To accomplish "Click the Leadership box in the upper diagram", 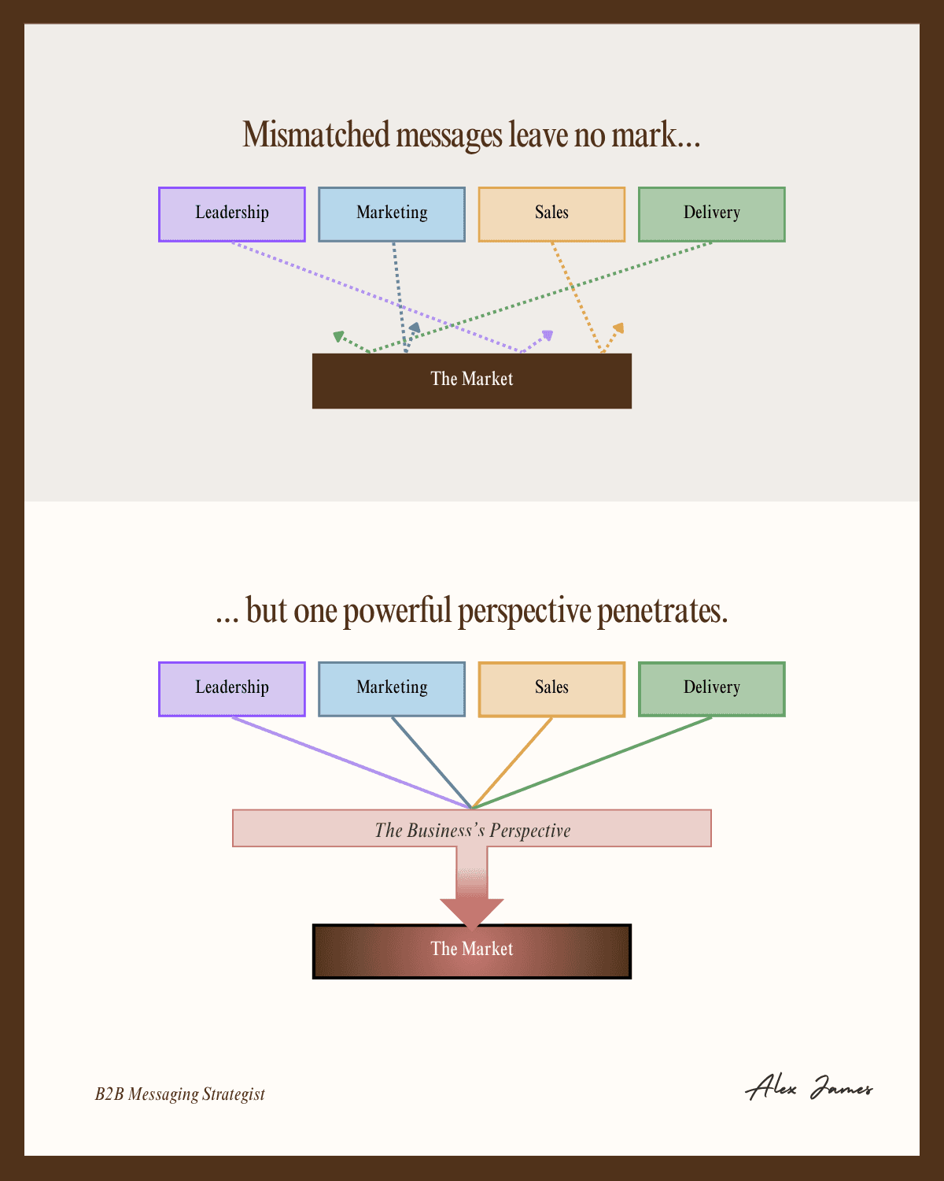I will pos(232,214).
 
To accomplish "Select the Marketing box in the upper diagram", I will pos(392,214).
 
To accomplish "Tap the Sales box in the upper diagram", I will pos(551,214).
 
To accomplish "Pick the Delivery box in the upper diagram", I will pos(711,214).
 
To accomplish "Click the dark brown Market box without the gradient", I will pos(472,381).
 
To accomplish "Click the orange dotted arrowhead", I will pos(618,328).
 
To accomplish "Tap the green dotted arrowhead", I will pos(338,336).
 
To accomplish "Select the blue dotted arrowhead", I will pos(414,327).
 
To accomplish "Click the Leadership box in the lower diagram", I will pos(232,689).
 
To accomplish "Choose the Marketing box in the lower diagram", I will pos(392,689).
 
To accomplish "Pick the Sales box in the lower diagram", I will pos(551,689).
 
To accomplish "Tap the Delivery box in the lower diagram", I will pos(711,689).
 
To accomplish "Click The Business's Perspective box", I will pos(472,828).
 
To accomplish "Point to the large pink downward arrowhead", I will pos(472,911).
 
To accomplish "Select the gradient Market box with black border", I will pos(472,951).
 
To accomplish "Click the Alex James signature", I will pos(809,1089).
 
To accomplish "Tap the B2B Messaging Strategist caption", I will pos(180,1094).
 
